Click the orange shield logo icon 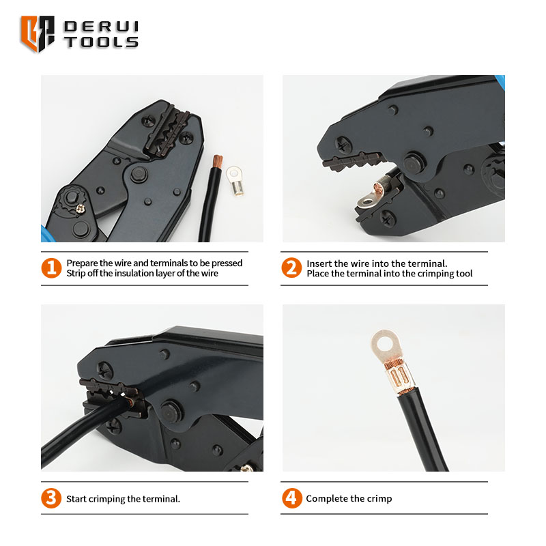coord(38,33)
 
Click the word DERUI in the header coord(101,27)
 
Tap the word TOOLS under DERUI coord(101,42)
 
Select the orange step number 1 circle coord(51,268)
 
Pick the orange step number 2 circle coord(291,268)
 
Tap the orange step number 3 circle coord(51,498)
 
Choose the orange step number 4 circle coord(292,498)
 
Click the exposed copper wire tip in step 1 coord(218,161)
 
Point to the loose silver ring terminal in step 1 coord(234,180)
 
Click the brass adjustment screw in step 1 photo coord(81,209)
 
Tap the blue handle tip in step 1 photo coord(45,234)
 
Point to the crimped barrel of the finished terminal coord(399,377)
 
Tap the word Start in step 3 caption coord(76,499)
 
